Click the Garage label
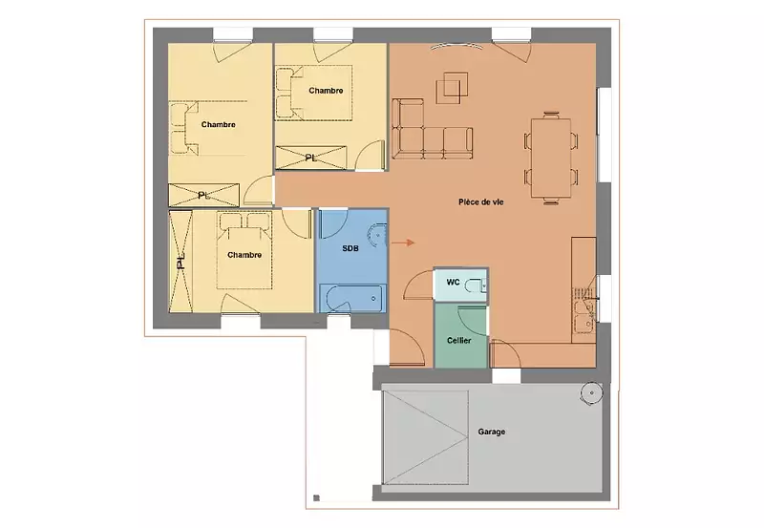click(x=491, y=432)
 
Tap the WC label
click(x=453, y=283)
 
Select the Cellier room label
click(x=459, y=341)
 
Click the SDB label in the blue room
click(x=350, y=248)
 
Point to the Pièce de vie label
click(x=481, y=201)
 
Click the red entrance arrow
click(x=403, y=243)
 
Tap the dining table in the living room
click(x=551, y=158)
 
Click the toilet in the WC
click(x=473, y=285)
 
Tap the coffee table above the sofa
click(x=452, y=88)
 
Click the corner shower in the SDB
click(x=378, y=236)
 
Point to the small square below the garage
click(x=316, y=497)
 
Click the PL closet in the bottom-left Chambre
click(x=180, y=261)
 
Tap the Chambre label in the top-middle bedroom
click(x=326, y=91)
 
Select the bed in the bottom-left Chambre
click(x=244, y=250)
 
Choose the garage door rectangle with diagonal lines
click(x=426, y=436)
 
